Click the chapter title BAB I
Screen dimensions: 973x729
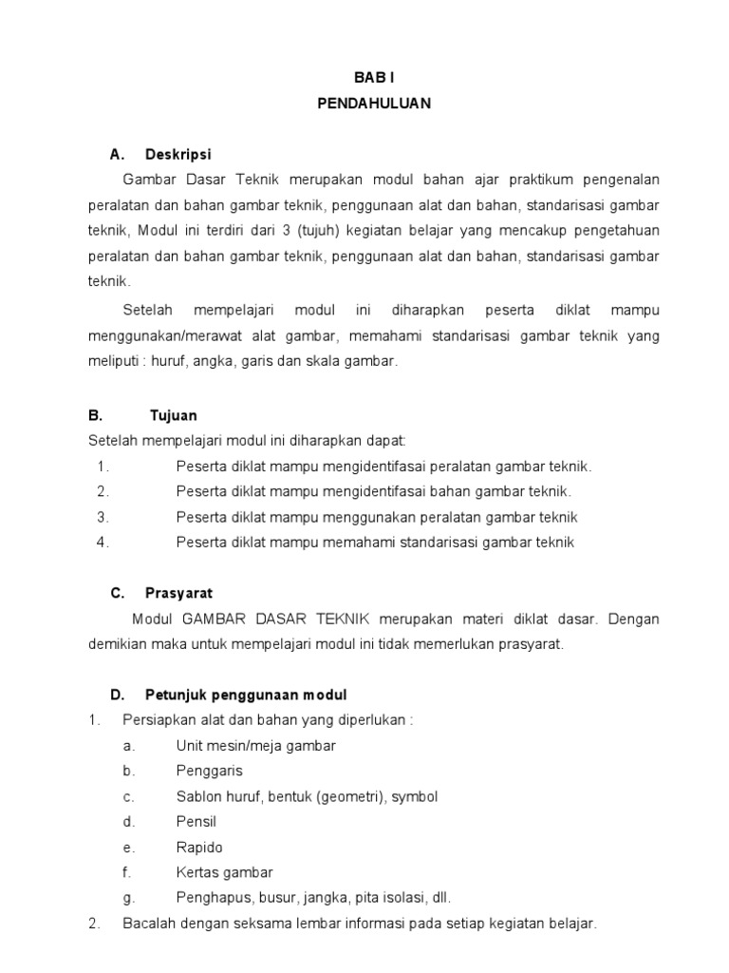click(374, 79)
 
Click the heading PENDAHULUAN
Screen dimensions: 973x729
click(374, 105)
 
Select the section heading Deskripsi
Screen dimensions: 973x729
click(178, 154)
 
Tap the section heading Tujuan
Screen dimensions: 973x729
click(174, 415)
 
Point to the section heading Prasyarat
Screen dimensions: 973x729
click(178, 593)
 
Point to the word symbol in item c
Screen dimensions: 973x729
click(415, 796)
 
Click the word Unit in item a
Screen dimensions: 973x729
click(190, 746)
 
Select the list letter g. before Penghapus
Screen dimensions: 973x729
click(128, 898)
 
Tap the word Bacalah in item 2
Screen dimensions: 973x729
click(149, 924)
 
